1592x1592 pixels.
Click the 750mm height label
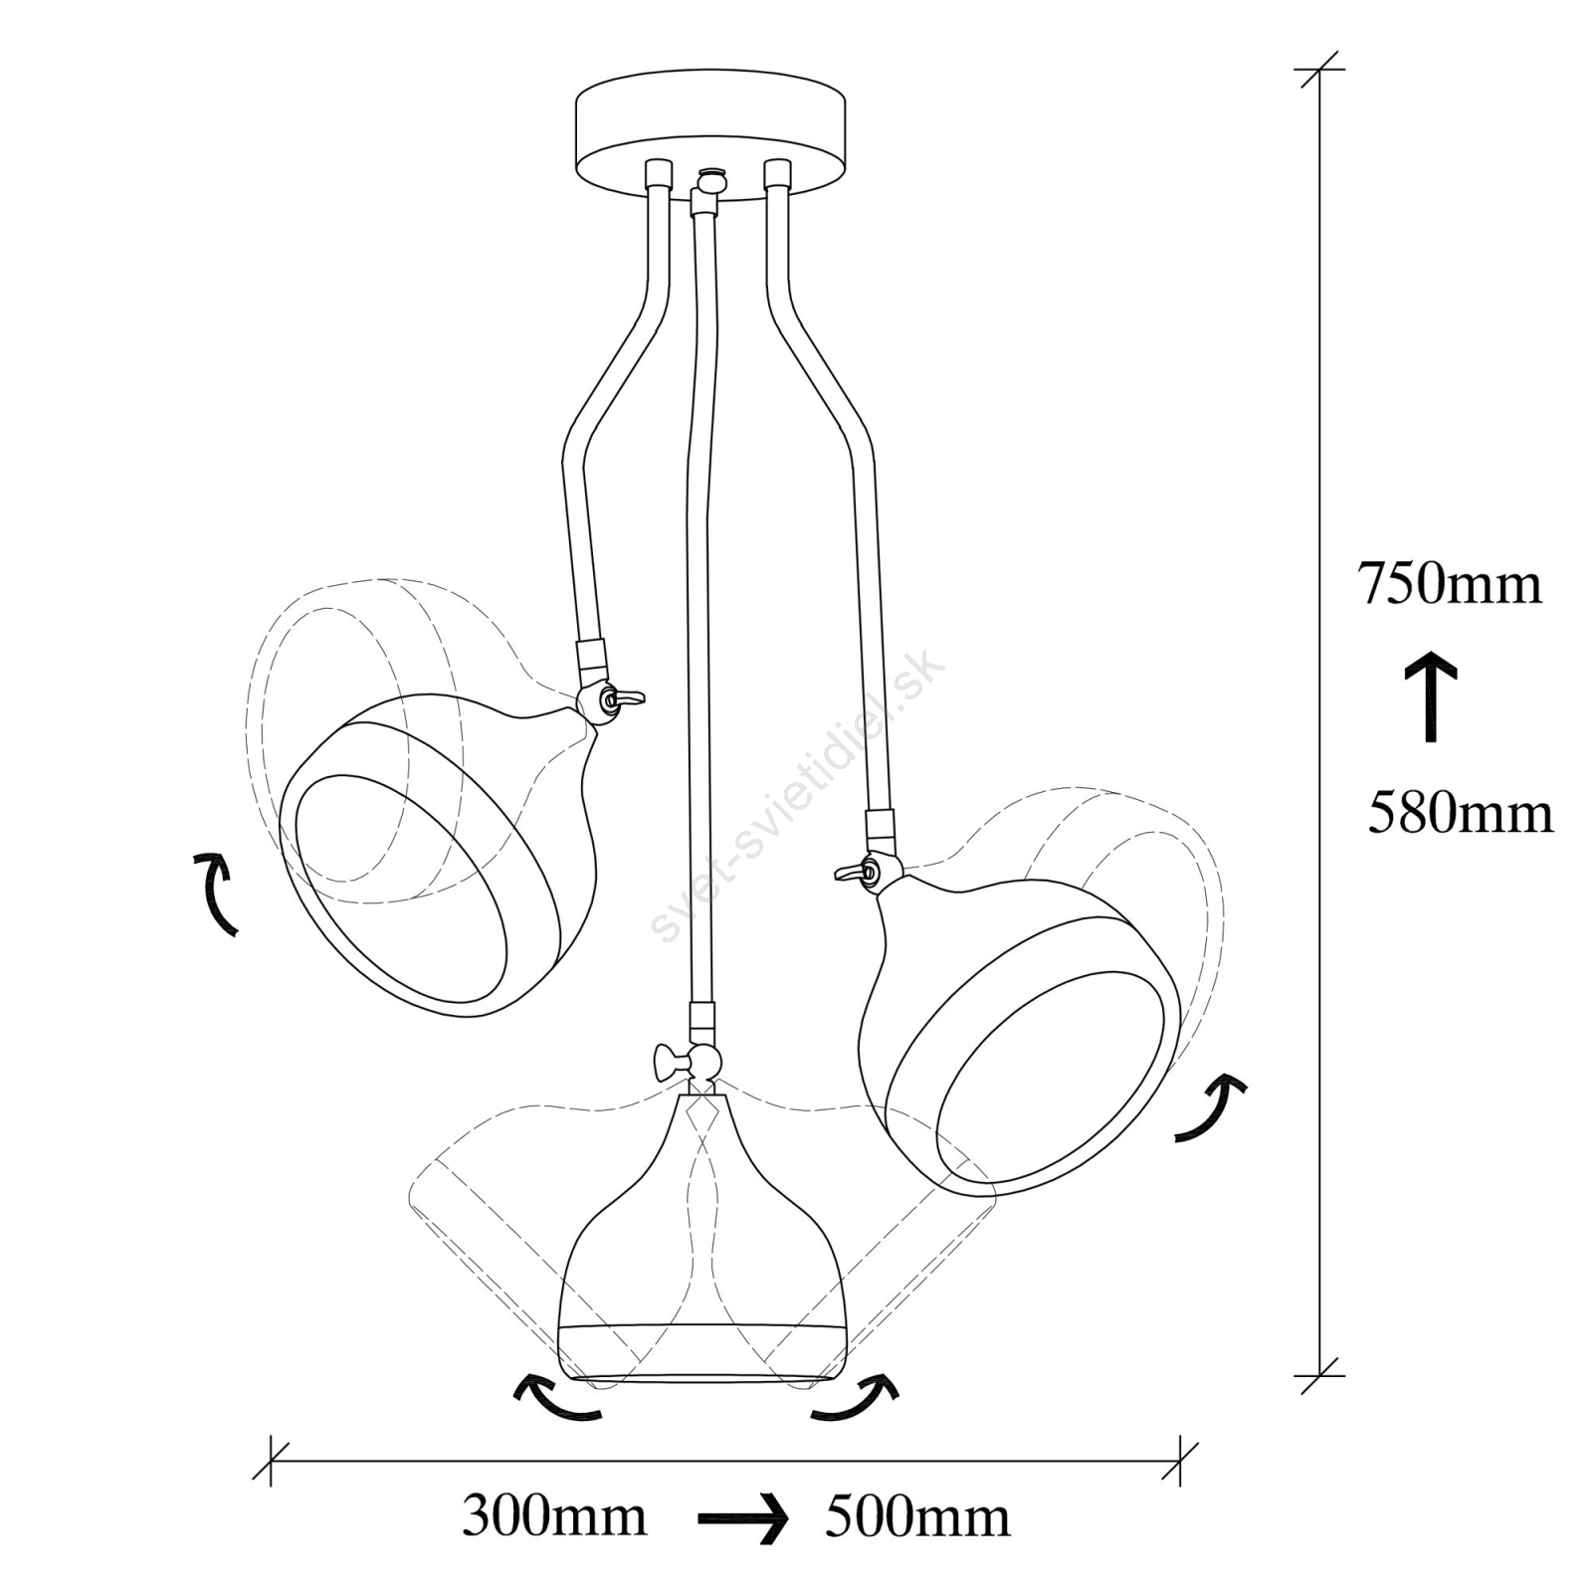click(1450, 584)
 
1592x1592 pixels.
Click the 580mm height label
click(1460, 812)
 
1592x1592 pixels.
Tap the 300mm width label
click(554, 1517)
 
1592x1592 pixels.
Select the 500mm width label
click(917, 1517)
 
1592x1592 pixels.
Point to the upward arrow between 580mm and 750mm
click(1432, 697)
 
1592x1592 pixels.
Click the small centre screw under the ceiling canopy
click(709, 180)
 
